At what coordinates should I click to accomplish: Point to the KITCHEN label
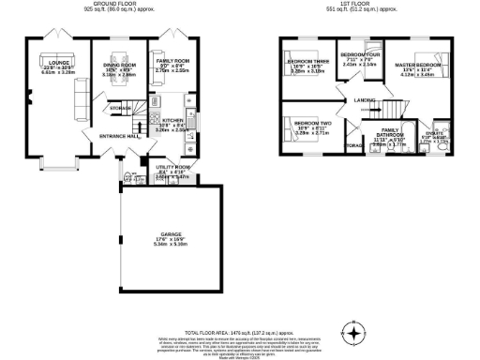pos(172,121)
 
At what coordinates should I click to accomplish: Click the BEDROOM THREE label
pos(308,62)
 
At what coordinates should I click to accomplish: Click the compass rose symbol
pos(354,333)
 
